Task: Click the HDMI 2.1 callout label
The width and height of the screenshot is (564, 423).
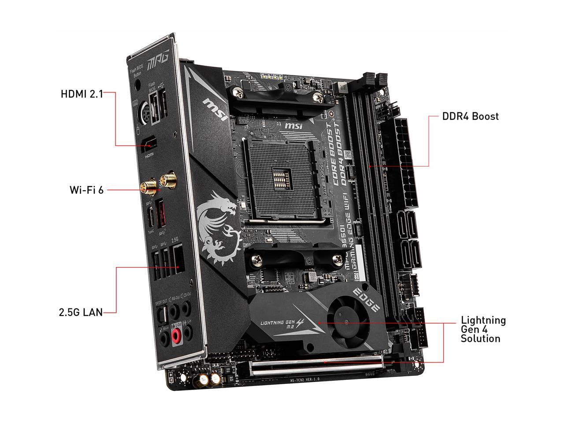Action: tap(82, 94)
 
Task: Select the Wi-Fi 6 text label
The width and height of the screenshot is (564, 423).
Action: tap(87, 190)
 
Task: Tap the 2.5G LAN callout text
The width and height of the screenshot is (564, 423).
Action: tap(81, 312)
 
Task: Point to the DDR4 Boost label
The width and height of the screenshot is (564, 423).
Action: tap(470, 116)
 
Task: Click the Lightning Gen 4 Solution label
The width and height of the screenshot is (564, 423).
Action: tap(483, 329)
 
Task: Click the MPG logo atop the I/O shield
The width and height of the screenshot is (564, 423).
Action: tap(158, 60)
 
